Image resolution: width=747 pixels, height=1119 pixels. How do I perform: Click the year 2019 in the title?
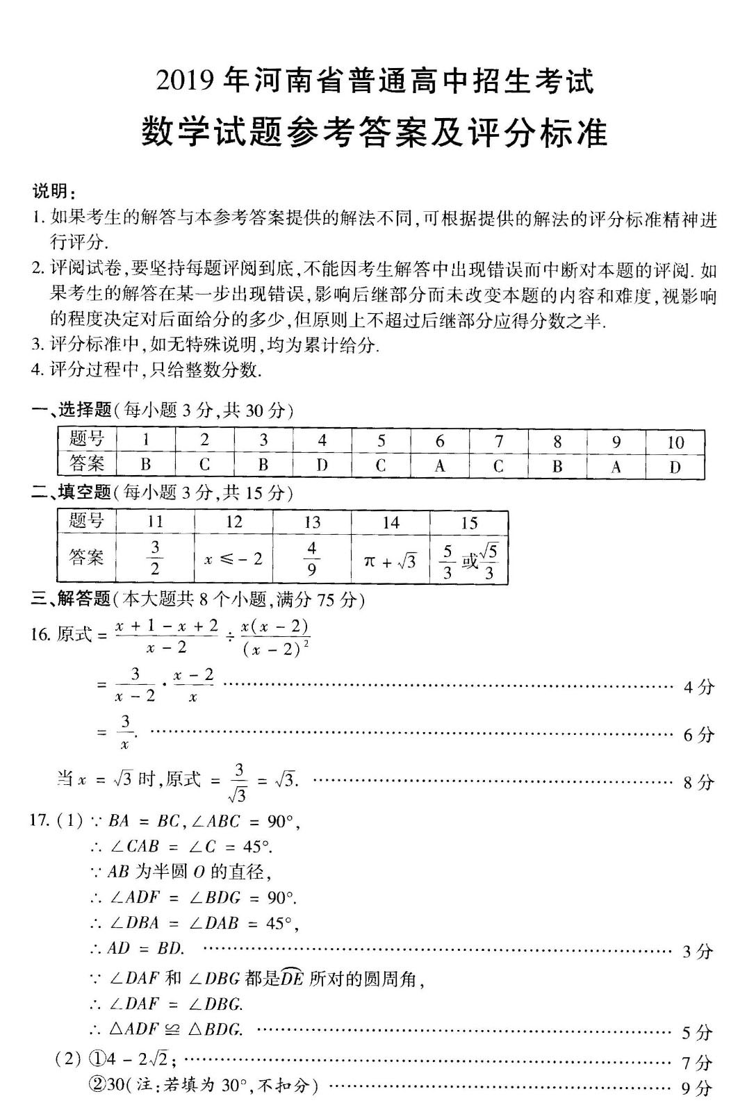(186, 82)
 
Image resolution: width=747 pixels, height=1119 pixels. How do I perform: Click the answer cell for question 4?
(322, 465)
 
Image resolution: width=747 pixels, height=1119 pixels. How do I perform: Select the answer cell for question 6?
(440, 465)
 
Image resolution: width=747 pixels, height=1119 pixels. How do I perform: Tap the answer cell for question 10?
(675, 466)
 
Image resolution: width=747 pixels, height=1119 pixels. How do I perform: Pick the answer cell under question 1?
(146, 465)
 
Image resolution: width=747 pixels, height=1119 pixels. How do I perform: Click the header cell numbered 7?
(498, 441)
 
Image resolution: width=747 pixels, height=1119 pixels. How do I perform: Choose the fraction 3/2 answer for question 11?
(155, 558)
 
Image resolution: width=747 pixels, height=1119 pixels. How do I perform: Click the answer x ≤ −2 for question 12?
(233, 558)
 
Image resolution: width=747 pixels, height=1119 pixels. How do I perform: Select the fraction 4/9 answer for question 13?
(312, 558)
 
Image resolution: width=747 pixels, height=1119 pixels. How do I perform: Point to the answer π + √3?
(391, 560)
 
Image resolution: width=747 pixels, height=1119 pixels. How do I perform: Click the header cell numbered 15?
(469, 522)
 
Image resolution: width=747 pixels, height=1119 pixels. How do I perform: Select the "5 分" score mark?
(697, 1033)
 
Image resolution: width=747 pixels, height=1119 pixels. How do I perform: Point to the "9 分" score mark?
(697, 1088)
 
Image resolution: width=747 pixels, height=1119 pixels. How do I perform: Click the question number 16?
(40, 634)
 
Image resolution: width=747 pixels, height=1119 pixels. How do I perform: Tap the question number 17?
(40, 820)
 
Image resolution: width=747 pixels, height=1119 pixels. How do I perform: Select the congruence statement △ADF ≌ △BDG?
(176, 1029)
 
